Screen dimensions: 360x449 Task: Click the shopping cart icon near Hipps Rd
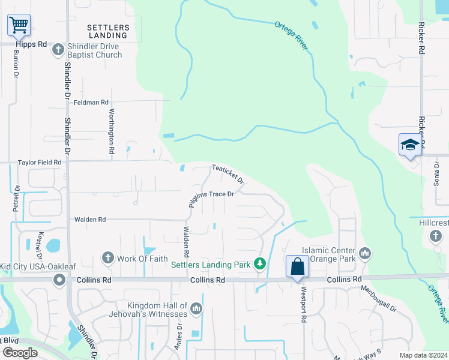[19, 25]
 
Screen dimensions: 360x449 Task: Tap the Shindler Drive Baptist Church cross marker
[58, 50]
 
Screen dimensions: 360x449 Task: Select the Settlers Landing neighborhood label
[108, 31]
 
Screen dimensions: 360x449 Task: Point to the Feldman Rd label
[91, 103]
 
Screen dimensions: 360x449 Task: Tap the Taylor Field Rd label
[40, 162]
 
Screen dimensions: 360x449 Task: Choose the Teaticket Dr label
[228, 175]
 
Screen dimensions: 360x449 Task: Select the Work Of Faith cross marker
[108, 258]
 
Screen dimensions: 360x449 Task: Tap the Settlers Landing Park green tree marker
[259, 263]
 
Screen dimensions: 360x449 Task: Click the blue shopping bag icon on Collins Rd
[298, 266]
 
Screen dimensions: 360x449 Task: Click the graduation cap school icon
[410, 145]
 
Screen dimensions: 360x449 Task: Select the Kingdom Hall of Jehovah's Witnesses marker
[196, 309]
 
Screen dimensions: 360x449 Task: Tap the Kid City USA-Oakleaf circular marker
[59, 280]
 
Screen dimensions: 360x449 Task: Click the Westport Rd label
[304, 308]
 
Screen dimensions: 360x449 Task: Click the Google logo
[20, 353]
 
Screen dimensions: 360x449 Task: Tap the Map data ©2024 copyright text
[422, 355]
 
